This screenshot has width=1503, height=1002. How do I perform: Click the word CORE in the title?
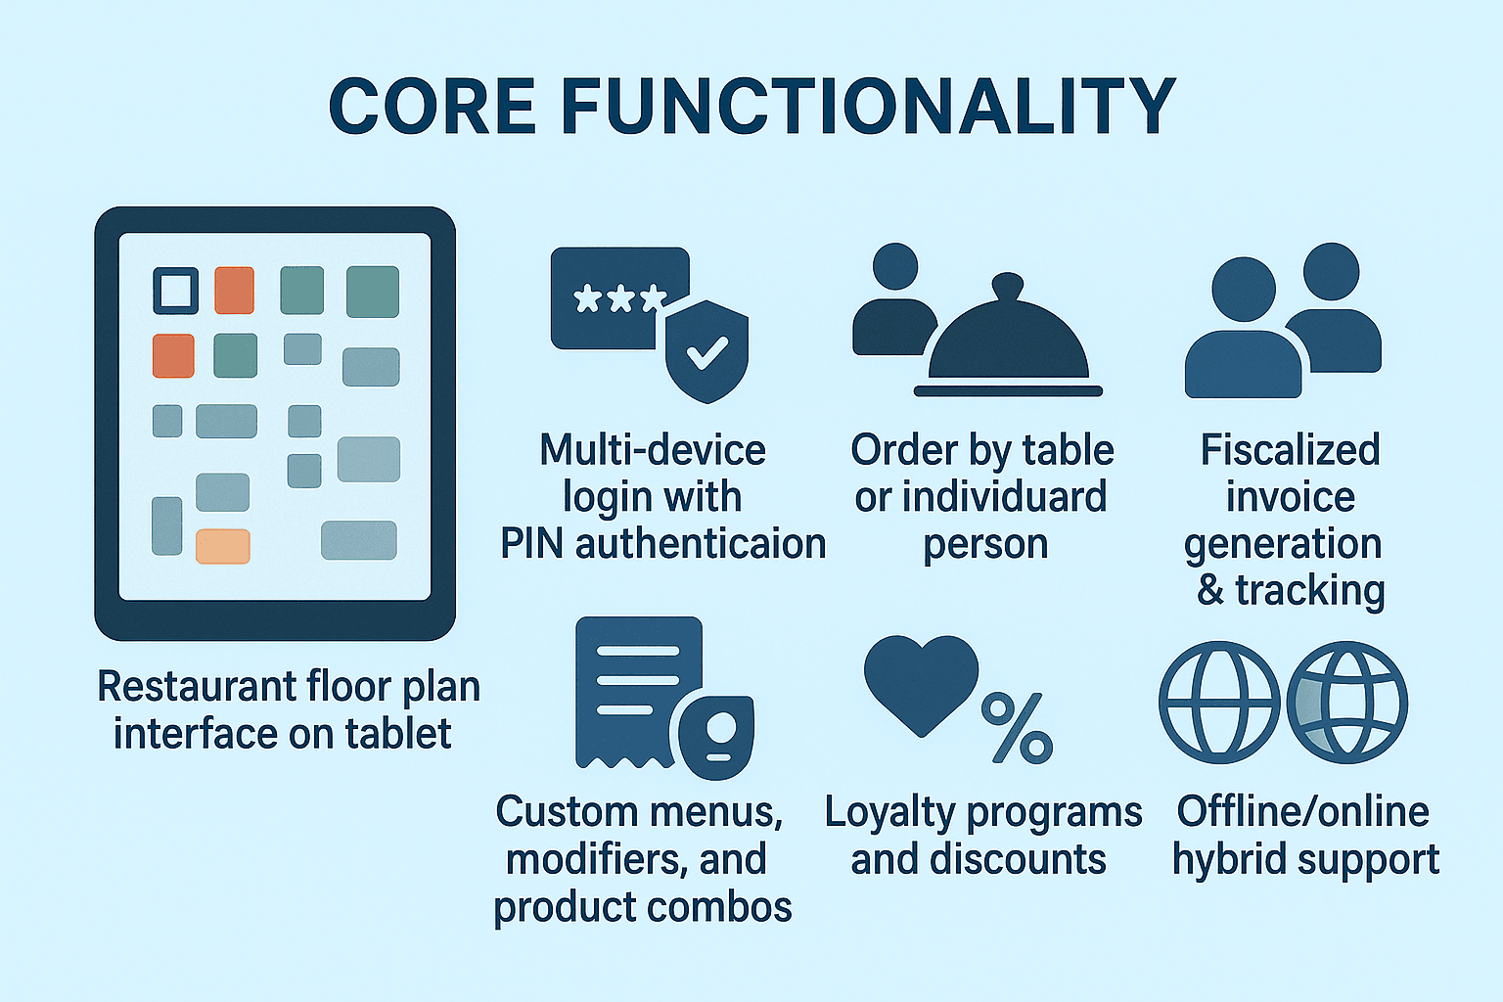click(432, 106)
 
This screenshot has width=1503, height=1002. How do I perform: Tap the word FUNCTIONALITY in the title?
click(868, 106)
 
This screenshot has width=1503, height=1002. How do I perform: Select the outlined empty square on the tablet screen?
click(176, 291)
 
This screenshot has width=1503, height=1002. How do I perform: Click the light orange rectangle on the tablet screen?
click(223, 546)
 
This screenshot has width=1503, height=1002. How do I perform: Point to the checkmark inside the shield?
click(707, 352)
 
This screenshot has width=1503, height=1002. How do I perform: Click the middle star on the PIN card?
click(620, 298)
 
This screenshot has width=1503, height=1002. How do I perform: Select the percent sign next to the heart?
click(1018, 727)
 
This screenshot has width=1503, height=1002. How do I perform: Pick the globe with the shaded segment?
click(1346, 702)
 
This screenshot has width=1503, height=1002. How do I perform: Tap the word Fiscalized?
click(1290, 449)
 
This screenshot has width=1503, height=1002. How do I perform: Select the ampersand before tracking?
click(1210, 590)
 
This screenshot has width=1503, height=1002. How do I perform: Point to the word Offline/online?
click(1303, 811)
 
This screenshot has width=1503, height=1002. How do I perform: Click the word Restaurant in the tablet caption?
click(197, 686)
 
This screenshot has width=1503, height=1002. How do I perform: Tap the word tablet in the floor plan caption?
click(398, 733)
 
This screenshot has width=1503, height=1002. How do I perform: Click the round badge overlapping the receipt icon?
click(716, 738)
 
